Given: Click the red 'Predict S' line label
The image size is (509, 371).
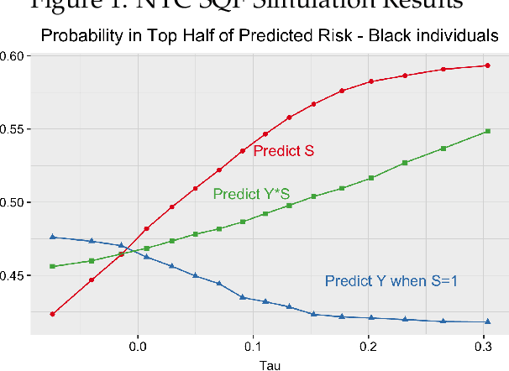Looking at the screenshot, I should [x=284, y=152].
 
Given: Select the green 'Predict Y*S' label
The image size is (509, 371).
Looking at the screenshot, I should [x=251, y=194].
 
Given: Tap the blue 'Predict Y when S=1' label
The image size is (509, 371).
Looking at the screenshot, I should [x=391, y=281].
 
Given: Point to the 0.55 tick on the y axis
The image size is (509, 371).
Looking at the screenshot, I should [x=15, y=129].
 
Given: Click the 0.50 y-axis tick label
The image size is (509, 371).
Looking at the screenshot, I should [x=15, y=202].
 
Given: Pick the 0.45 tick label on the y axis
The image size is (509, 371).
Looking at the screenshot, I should [x=15, y=276].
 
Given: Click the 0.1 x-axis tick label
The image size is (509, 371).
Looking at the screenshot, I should [x=253, y=345].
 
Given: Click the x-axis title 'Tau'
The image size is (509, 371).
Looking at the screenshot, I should [x=270, y=365].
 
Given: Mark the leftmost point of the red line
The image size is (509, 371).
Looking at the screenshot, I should [x=52, y=314].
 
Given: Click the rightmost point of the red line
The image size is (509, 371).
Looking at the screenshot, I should [x=487, y=65].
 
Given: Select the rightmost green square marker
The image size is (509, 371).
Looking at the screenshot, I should [x=487, y=131].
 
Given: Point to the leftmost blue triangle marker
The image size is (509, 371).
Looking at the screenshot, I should [x=52, y=237].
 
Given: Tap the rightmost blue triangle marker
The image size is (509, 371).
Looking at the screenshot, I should [x=487, y=321].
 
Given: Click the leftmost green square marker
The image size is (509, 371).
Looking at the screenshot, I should [x=52, y=266].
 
